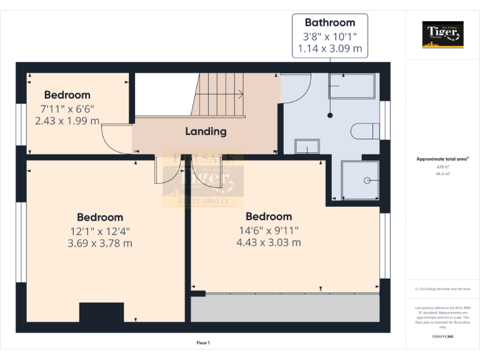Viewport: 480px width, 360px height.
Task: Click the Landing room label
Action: [x=206, y=131]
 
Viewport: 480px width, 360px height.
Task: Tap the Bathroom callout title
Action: [x=330, y=22]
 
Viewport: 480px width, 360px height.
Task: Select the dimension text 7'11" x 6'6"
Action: [x=67, y=108]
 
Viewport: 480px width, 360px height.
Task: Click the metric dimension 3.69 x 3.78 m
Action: [x=100, y=243]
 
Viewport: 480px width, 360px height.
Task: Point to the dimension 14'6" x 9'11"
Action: [x=268, y=229]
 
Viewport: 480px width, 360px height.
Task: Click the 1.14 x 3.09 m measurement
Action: [x=330, y=48]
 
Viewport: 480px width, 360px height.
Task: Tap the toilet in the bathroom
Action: [x=365, y=131]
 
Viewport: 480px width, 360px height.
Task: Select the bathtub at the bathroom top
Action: [x=352, y=86]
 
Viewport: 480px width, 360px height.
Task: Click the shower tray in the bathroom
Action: [x=359, y=181]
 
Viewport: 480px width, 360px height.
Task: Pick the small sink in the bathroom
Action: [x=307, y=147]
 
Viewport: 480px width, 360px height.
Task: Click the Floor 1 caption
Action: [x=203, y=342]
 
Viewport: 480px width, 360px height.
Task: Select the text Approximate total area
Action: [x=441, y=159]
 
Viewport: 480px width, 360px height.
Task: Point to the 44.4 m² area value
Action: [x=442, y=174]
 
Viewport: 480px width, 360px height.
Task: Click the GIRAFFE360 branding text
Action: [x=442, y=336]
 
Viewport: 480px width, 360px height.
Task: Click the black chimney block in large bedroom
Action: [x=101, y=312]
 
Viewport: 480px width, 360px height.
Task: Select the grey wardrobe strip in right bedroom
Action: [x=285, y=307]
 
